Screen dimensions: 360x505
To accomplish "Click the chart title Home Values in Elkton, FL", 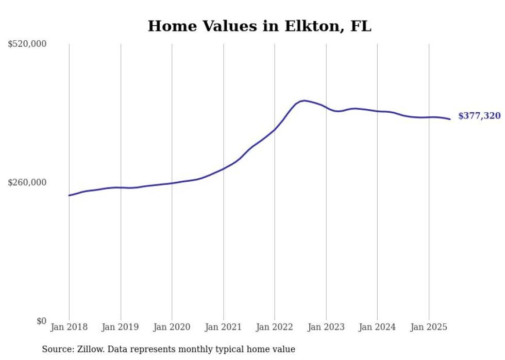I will [x=259, y=26].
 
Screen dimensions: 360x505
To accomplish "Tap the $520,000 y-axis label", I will [x=27, y=44].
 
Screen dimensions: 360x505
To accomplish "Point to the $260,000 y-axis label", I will [x=27, y=182].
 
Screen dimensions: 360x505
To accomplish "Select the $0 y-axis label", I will [x=41, y=321].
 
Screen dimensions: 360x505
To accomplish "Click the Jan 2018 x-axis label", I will [x=69, y=327].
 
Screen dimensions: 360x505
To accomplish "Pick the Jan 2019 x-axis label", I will [x=121, y=327].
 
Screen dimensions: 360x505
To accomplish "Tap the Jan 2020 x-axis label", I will [x=172, y=327].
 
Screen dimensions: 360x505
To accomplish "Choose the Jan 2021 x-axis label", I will [x=223, y=327].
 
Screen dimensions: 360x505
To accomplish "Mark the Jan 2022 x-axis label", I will [x=275, y=327].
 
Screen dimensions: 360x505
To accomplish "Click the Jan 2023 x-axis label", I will [x=326, y=327].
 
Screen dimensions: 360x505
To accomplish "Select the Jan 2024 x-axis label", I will [x=377, y=327].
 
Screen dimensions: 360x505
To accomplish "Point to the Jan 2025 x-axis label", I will [x=429, y=327].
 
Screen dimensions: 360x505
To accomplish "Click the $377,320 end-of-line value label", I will [x=479, y=116].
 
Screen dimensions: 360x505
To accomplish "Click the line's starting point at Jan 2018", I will [x=69, y=195].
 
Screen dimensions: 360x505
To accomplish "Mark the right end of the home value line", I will [x=450, y=119].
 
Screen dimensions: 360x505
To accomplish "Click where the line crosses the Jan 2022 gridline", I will [x=275, y=129].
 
